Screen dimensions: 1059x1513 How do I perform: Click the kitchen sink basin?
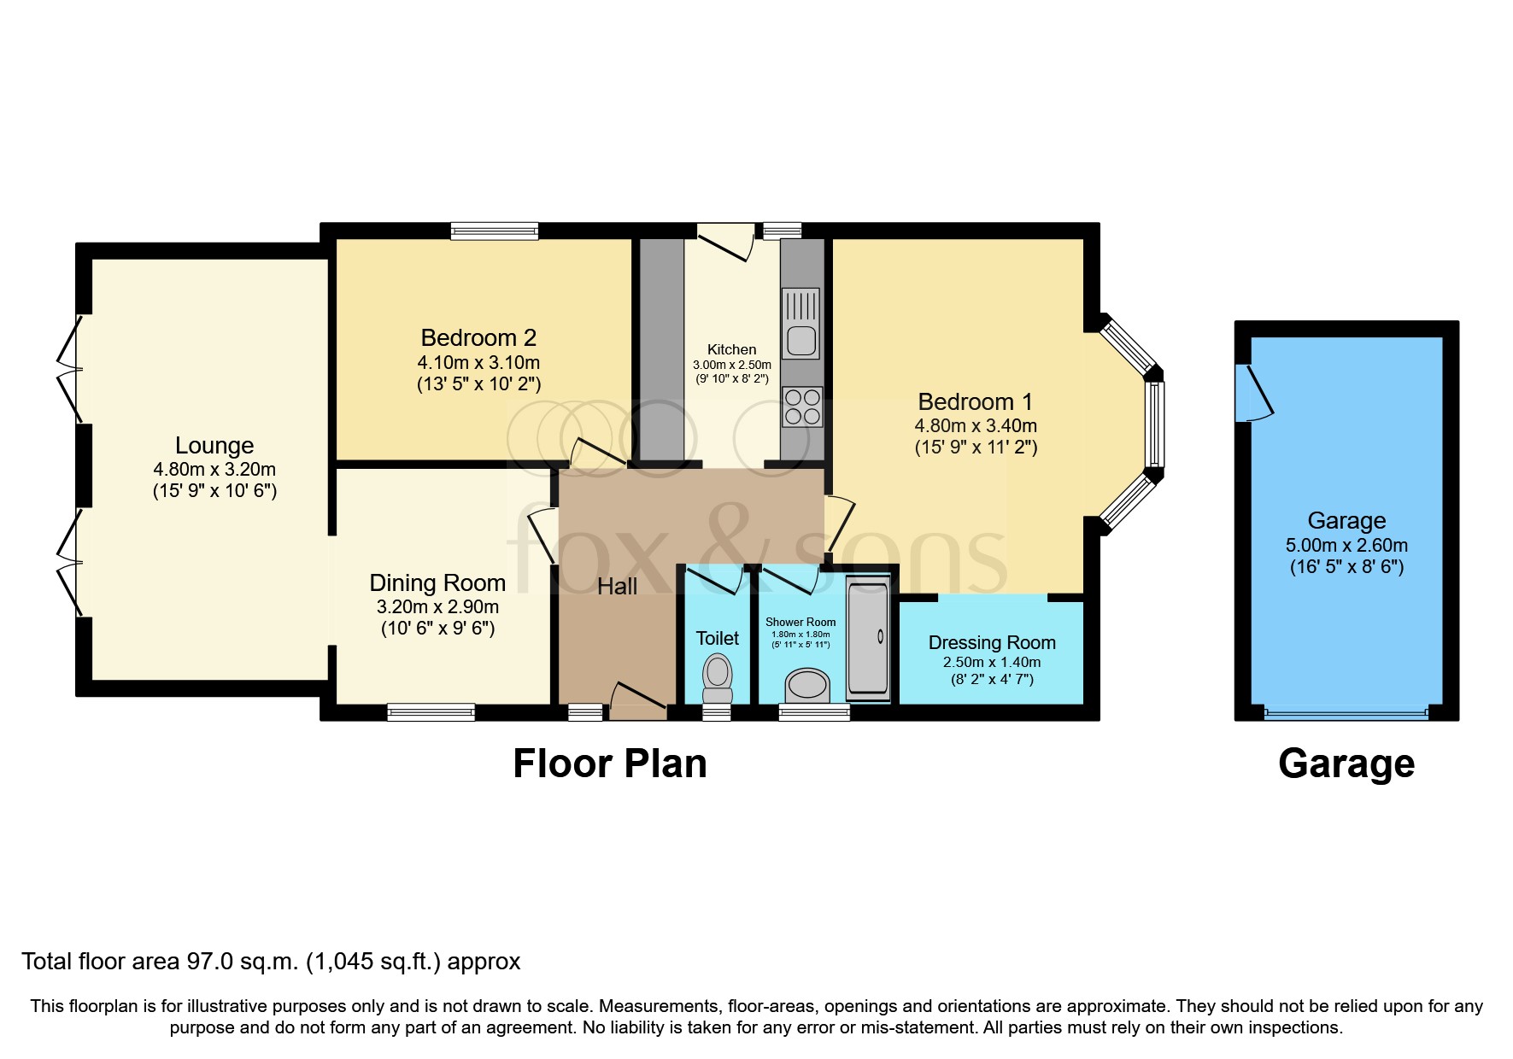[801, 341]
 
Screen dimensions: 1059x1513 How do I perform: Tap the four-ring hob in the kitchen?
[801, 407]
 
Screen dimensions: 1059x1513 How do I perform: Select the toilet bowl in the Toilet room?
[717, 672]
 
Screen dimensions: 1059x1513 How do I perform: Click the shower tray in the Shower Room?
[867, 638]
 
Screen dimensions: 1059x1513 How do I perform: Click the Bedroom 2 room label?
[478, 337]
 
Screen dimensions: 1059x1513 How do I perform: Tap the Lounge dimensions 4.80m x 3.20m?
[214, 469]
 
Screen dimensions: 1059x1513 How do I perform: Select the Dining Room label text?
[437, 582]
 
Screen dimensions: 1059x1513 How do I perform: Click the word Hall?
[617, 587]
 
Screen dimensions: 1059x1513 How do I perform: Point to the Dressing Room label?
[992, 642]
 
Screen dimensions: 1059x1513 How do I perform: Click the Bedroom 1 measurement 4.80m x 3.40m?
[976, 425]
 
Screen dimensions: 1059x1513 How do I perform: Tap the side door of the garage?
[1256, 393]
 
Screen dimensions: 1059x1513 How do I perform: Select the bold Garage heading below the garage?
[1346, 764]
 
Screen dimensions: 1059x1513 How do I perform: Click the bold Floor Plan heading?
[609, 764]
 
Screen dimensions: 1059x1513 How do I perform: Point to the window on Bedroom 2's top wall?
[495, 231]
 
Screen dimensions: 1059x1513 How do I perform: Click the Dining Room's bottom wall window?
[431, 711]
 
